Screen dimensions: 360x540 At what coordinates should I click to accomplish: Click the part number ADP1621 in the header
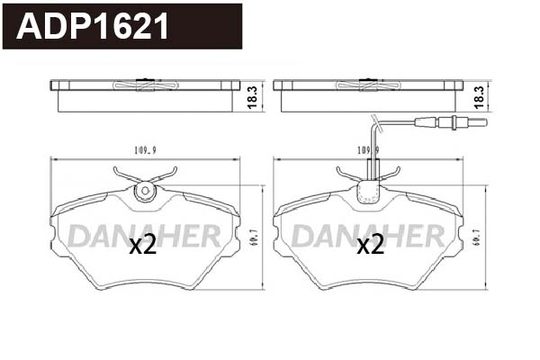pos(94,27)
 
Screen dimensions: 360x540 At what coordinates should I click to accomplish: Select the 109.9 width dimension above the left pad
pos(135,150)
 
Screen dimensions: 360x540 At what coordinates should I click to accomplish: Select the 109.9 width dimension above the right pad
pos(368,150)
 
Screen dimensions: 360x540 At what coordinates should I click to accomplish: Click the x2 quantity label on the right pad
pos(371,245)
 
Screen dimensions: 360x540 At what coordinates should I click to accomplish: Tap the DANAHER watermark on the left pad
pos(145,235)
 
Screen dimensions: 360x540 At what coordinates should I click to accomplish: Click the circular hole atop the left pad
pos(144,191)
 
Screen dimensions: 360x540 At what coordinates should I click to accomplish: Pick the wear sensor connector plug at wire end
pos(464,123)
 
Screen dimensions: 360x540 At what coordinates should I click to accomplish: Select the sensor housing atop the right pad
pos(368,190)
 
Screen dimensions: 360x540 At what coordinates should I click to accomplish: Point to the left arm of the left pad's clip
pos(126,175)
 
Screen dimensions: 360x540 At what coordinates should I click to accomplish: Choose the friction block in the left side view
pos(144,101)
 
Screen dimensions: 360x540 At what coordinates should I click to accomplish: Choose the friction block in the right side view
pos(368,101)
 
